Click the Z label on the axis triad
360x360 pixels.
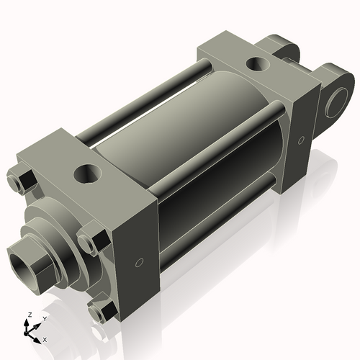click(29, 315)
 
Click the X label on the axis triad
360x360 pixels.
click(45, 338)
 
